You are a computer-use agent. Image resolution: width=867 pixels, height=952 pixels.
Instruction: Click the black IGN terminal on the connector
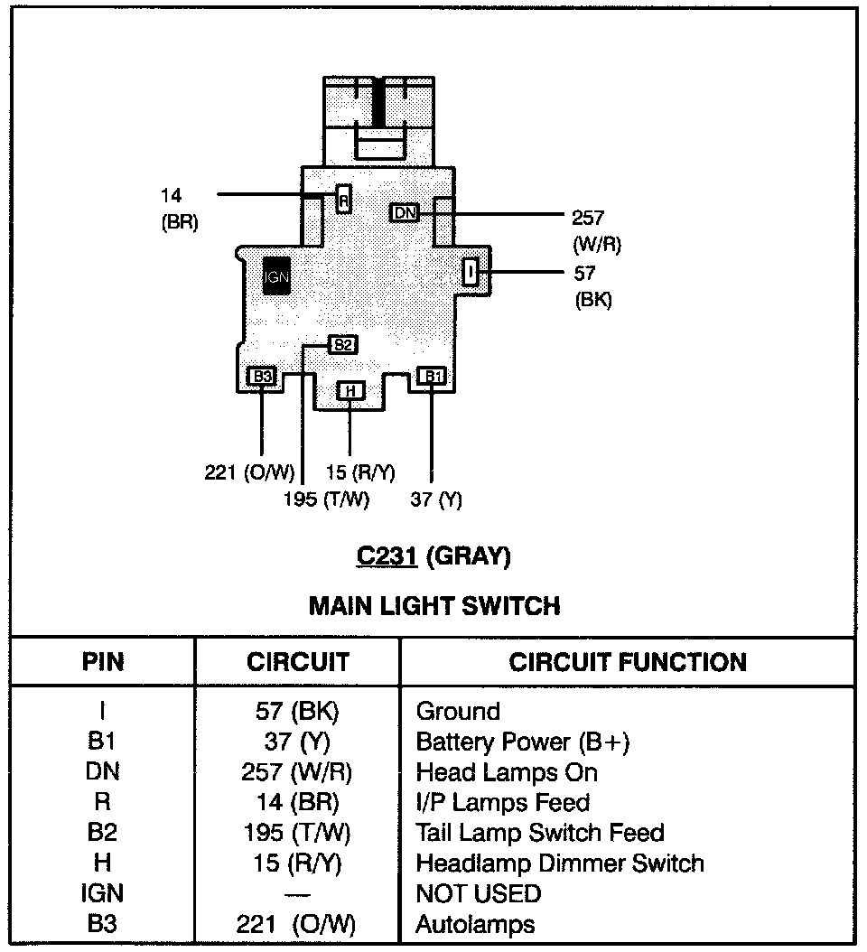277,276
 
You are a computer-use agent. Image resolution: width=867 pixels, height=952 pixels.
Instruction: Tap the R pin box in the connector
343,199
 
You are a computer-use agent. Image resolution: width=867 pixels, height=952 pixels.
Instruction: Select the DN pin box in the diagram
406,212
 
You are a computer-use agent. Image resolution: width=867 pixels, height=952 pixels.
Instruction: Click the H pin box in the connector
350,391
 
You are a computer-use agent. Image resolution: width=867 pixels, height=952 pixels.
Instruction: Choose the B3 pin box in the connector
261,377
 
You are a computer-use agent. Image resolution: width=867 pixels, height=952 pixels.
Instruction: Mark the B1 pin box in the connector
432,376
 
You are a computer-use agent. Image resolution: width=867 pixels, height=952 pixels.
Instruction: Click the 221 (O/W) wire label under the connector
250,472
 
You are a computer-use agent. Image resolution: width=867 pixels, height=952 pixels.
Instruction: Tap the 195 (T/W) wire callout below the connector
326,499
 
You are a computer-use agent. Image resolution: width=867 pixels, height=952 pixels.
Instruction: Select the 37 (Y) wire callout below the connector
435,499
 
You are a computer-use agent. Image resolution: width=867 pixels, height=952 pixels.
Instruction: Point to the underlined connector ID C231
387,556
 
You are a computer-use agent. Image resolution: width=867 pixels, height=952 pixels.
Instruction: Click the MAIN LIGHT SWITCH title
433,605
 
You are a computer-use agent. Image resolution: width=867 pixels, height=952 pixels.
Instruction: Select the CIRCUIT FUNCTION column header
628,662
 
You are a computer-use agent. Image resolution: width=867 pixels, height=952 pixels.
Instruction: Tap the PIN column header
102,662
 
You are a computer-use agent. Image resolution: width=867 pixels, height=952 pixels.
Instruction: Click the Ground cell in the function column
457,712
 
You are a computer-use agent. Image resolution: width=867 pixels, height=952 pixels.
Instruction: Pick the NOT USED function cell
478,894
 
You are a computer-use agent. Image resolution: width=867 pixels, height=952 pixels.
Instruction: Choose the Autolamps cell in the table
475,925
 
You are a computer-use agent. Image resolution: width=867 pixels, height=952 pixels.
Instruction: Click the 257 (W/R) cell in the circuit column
297,773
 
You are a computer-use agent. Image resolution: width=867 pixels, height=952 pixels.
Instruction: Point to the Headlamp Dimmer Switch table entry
559,863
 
